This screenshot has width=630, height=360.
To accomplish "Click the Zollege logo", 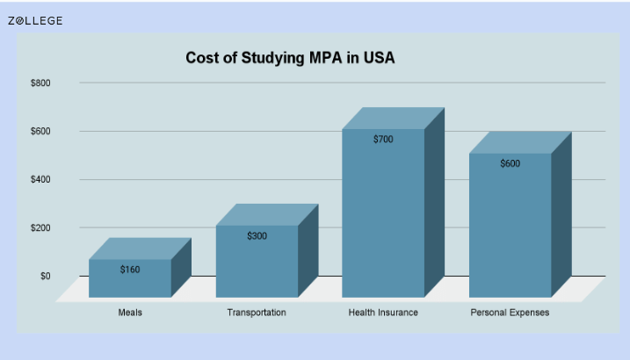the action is click(x=35, y=21).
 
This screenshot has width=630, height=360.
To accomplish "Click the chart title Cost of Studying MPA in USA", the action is click(x=290, y=58).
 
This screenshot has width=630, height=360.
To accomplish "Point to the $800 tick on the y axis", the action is click(x=40, y=83).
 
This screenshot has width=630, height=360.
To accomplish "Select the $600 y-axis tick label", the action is click(x=40, y=131).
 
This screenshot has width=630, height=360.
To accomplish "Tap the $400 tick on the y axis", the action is click(x=40, y=179).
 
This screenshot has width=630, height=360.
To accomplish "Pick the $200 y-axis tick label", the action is click(x=40, y=228).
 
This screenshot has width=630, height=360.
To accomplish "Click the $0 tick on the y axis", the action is click(x=46, y=276).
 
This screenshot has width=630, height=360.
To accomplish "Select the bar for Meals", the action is click(x=130, y=278).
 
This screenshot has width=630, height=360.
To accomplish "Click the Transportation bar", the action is click(x=257, y=262).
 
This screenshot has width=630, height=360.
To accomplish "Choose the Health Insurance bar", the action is click(x=383, y=213).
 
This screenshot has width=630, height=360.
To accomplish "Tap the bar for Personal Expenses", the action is click(x=511, y=225).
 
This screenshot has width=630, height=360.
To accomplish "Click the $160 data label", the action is click(x=130, y=270).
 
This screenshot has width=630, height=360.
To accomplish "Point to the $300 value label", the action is click(x=257, y=236).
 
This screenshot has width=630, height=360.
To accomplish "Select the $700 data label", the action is click(x=383, y=140).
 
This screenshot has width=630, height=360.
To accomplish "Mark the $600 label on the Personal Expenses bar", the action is click(x=511, y=163).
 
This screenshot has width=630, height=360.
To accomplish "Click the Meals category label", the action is click(x=130, y=313).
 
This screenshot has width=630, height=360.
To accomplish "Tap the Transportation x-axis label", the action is click(x=257, y=313).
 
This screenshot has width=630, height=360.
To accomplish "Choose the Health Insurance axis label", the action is click(x=383, y=313).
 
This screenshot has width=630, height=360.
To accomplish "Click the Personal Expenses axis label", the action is click(x=510, y=313).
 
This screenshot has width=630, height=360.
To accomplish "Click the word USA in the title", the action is click(x=380, y=58).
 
